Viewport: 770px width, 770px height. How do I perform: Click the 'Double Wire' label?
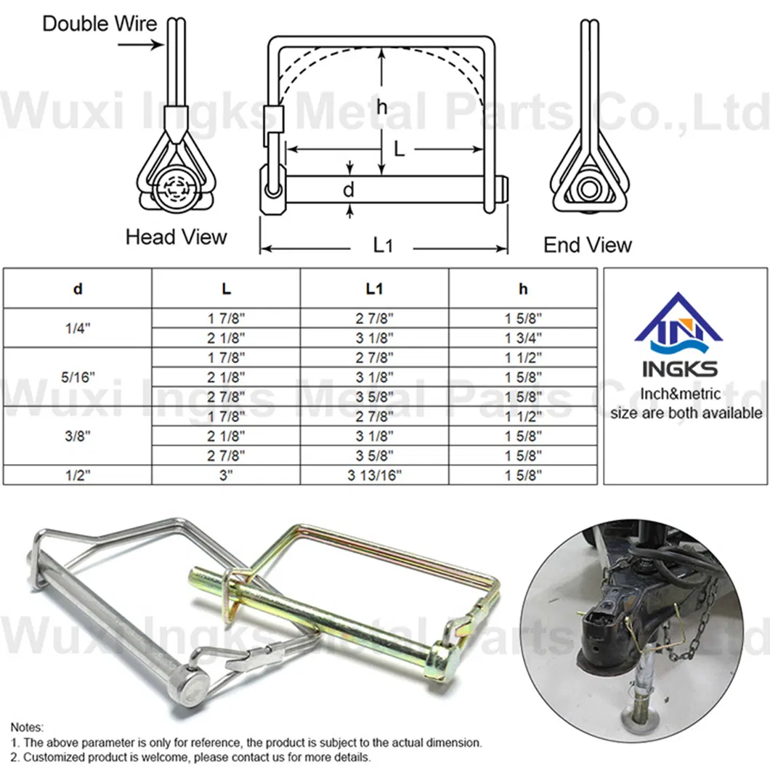[x=100, y=23]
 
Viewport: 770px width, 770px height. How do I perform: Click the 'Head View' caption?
[x=176, y=237]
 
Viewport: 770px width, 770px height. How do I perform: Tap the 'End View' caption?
[x=588, y=245]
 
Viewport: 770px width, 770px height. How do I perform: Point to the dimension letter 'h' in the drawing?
[x=381, y=108]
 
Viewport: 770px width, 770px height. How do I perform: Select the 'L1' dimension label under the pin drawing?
[x=384, y=246]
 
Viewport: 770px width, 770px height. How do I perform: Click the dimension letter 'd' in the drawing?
[x=349, y=190]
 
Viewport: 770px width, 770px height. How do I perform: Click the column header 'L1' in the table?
[x=374, y=288]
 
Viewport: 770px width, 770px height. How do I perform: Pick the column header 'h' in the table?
[x=523, y=288]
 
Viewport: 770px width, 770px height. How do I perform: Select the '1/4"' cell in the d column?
[x=78, y=328]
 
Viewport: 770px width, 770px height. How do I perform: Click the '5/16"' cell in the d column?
[x=78, y=376]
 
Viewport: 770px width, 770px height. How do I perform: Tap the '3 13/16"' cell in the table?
[x=374, y=475]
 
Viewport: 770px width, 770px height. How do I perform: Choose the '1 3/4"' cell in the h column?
[x=523, y=337]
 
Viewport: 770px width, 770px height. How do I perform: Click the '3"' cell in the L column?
[x=227, y=475]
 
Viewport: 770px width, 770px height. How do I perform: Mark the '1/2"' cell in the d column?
[x=78, y=475]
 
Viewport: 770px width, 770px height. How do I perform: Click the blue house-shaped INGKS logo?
[x=679, y=321]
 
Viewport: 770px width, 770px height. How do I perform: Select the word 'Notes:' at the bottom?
[x=28, y=727]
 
